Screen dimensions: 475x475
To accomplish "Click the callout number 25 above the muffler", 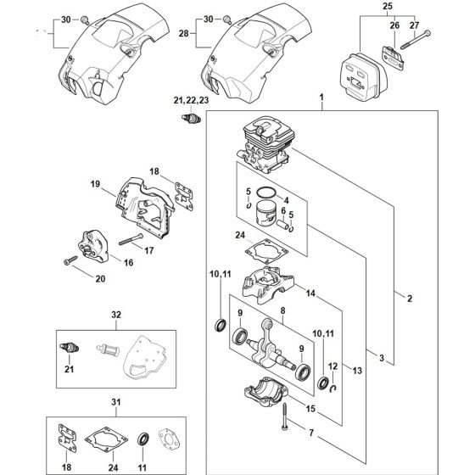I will coord(388,8).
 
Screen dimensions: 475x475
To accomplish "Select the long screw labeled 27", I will coord(416,37).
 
